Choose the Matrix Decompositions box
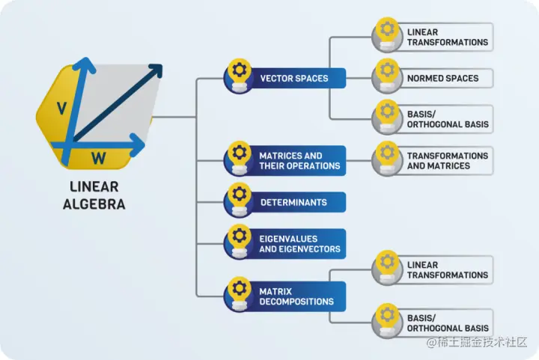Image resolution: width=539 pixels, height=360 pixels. [296, 296]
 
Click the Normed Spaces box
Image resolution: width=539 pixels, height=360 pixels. [442, 78]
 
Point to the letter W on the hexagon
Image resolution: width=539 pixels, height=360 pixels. [98, 157]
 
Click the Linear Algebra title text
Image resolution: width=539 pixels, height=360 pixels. [94, 195]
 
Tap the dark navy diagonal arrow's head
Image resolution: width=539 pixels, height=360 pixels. [156, 70]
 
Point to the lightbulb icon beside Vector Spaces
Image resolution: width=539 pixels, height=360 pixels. [239, 73]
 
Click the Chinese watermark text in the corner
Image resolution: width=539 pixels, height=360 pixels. [478, 343]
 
